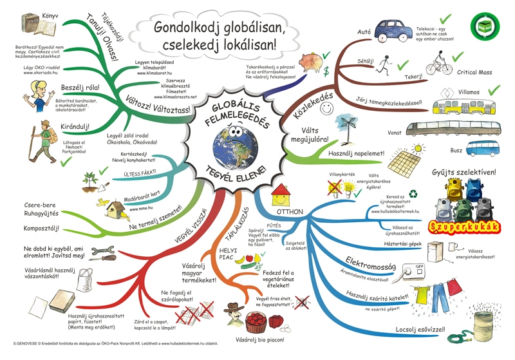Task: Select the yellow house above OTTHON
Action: pyautogui.click(x=281, y=191)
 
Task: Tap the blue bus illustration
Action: pyautogui.click(x=482, y=148)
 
